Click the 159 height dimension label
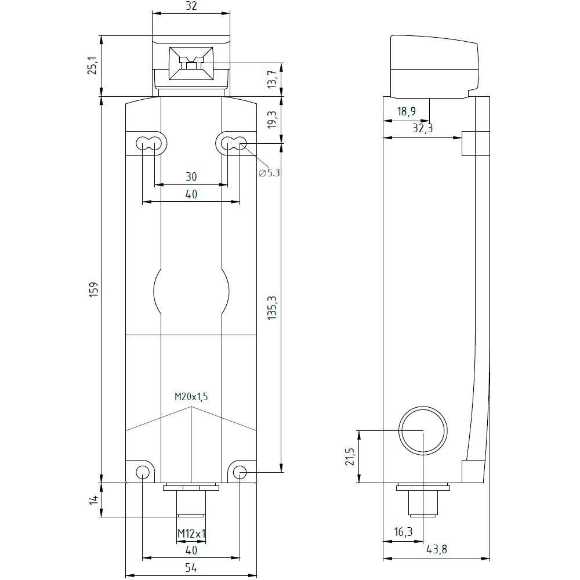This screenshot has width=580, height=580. coord(94,289)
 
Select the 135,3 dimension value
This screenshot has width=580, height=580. coord(272,307)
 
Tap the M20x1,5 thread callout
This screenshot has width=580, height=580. coord(191,397)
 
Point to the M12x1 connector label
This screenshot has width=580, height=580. coord(191,534)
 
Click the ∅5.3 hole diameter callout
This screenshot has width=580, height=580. coord(269,172)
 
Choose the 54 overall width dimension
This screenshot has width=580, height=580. coord(191,567)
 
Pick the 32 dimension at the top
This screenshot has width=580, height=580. coord(191,6)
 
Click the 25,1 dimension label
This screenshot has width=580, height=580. coord(92,66)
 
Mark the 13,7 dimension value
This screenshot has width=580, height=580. coord(272,79)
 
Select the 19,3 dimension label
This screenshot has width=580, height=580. coord(272,119)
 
